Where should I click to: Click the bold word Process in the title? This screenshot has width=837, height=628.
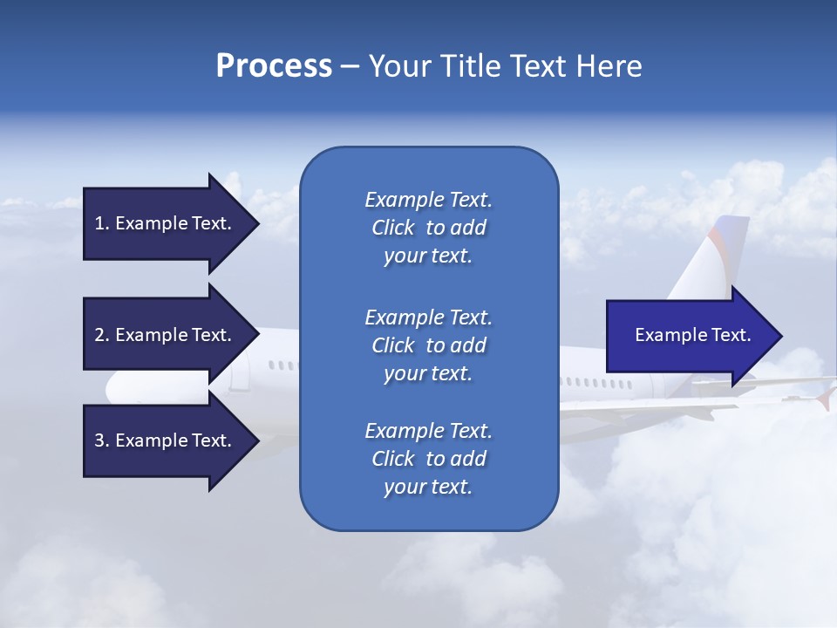(274, 66)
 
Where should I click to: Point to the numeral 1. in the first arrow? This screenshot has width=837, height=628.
(101, 223)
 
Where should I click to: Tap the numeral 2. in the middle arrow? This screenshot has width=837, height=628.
(101, 335)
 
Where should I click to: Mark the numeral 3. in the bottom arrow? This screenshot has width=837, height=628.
(101, 440)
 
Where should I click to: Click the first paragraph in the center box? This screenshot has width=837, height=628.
(428, 228)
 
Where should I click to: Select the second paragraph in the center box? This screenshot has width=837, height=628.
(428, 345)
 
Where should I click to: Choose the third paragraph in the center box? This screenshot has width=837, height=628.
(428, 459)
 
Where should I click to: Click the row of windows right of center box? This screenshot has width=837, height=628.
(597, 383)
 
